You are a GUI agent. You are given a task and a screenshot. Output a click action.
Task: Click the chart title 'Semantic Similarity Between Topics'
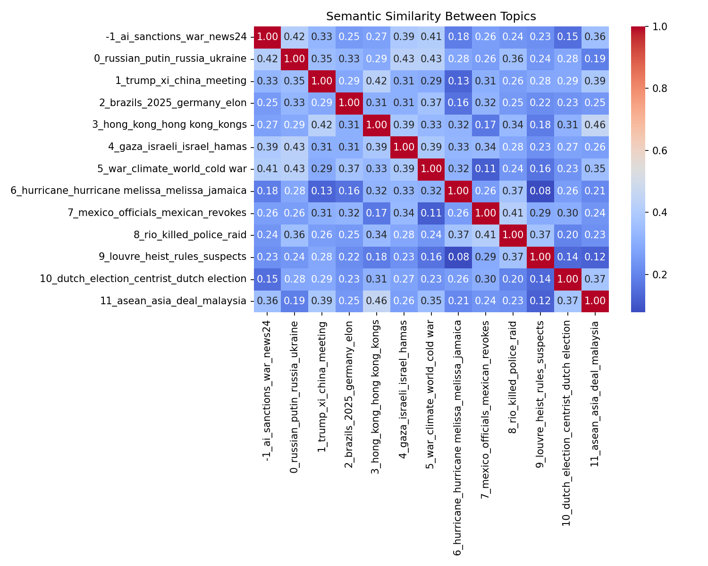click(431, 17)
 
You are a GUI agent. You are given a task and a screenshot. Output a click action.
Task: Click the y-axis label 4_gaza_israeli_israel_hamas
click(177, 147)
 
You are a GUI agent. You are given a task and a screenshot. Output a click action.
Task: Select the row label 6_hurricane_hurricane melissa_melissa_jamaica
click(128, 191)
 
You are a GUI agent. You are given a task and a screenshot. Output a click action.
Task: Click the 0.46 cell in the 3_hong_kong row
click(594, 125)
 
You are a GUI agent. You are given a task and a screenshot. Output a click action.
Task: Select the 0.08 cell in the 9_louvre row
click(458, 257)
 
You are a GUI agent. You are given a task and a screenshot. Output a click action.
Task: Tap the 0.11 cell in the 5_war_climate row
click(485, 169)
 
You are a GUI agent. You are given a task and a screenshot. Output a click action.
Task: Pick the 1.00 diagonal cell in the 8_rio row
click(512, 235)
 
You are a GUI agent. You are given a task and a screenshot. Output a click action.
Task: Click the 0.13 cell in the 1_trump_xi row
click(458, 81)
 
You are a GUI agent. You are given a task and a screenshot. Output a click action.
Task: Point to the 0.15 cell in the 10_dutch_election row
click(267, 279)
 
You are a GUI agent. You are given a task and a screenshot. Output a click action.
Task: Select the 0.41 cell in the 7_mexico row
click(512, 213)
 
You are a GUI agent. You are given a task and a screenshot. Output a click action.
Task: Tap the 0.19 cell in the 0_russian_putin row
click(594, 58)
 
